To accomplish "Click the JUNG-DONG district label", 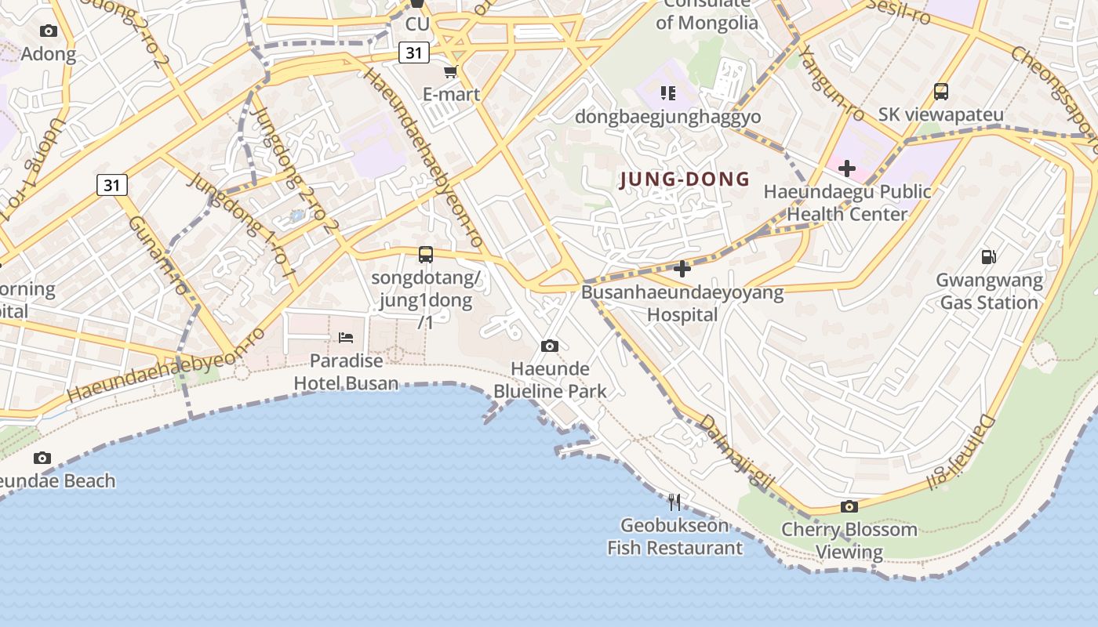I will (685, 179).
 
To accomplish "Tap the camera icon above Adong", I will (49, 31).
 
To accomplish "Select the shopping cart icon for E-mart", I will (450, 72).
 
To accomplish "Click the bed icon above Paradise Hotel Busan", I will (346, 338).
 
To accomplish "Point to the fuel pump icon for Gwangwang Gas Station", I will (989, 256).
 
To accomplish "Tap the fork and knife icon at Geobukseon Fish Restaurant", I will (674, 502).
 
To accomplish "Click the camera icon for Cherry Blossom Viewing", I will (849, 507).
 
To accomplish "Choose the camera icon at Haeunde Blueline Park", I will (550, 346).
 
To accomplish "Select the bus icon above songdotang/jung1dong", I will (426, 255).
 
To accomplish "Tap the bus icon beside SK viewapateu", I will (941, 92).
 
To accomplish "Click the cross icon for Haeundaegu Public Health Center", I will (846, 169).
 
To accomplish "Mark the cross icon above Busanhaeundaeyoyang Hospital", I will (682, 270).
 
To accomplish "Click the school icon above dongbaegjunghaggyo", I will (667, 94).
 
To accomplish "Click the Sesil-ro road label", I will (900, 11).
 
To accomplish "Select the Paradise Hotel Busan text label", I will (346, 372).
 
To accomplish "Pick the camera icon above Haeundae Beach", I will (42, 458).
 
